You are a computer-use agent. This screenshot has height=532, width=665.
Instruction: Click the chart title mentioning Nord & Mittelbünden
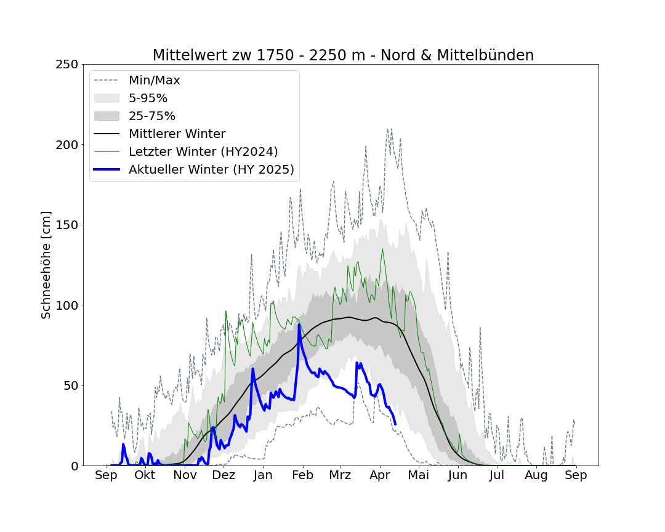(x=343, y=55)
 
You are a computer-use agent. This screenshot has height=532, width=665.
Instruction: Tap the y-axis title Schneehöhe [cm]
(x=46, y=265)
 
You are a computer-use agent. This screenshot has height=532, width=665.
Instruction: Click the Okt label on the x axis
(x=145, y=475)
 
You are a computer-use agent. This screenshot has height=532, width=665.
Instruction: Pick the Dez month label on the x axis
(x=224, y=475)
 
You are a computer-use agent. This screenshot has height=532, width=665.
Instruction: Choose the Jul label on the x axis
(x=497, y=475)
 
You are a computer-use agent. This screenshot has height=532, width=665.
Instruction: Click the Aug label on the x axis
(x=536, y=475)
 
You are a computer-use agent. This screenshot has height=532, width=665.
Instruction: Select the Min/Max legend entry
(x=154, y=81)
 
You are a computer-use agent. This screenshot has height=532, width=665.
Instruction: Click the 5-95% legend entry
(x=148, y=99)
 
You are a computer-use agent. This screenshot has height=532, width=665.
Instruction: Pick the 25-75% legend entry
(x=152, y=116)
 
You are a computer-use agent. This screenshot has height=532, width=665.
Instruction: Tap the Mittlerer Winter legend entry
(x=177, y=134)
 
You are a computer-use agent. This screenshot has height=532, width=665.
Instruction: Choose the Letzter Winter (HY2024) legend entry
(x=203, y=152)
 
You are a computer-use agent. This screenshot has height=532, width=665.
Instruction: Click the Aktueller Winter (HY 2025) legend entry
(x=211, y=170)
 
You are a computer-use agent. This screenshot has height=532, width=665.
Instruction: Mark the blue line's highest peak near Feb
(x=299, y=324)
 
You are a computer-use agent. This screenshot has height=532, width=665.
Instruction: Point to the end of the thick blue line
(x=395, y=424)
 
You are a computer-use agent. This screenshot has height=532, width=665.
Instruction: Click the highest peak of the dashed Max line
(x=388, y=129)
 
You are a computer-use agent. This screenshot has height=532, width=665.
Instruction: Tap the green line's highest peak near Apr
(x=382, y=249)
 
